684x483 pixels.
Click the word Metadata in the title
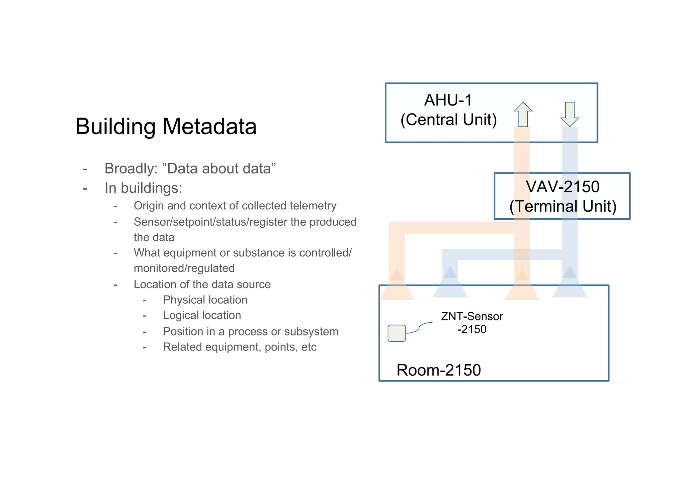coord(209,127)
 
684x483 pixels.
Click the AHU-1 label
coord(448,100)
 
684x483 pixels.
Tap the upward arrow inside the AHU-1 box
coord(523,114)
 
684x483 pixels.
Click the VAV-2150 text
coord(562,187)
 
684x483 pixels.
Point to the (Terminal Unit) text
coord(562,206)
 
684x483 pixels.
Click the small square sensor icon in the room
coord(396,333)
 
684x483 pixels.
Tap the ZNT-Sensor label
coord(472,316)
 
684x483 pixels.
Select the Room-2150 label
coord(438,370)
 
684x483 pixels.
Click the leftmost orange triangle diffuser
coord(397,287)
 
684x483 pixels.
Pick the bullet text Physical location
coord(205,300)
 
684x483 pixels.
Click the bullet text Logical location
coord(202,315)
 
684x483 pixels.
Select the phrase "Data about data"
coord(219,169)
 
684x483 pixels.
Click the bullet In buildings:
coord(143,188)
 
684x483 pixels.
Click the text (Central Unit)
coord(449,119)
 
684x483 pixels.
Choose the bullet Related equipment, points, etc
coord(239,347)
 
